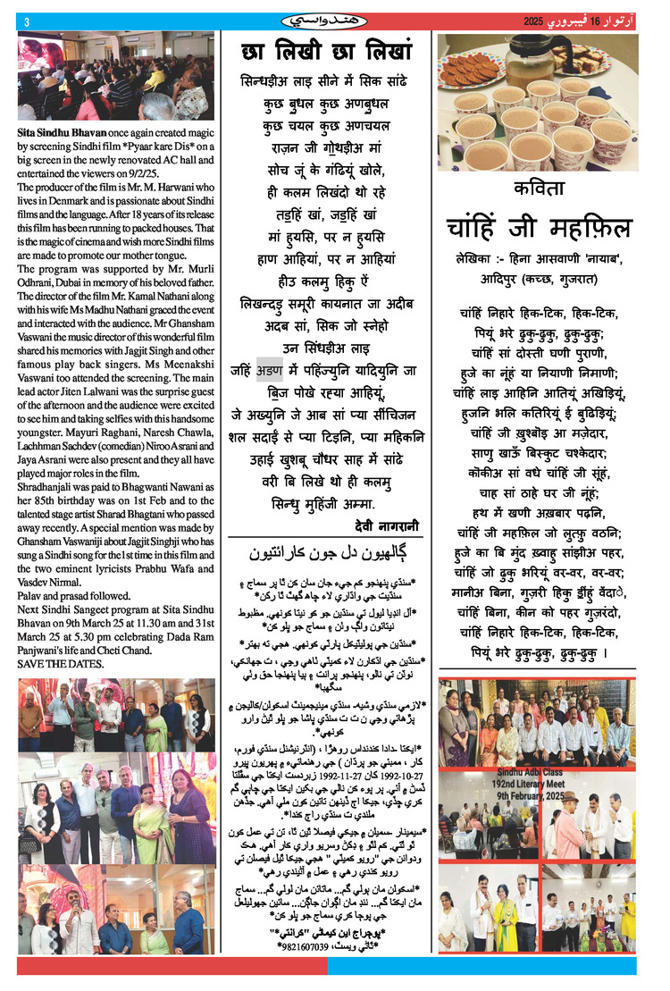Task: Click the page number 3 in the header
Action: click(27, 21)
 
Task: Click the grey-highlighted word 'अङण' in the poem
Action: click(270, 371)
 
